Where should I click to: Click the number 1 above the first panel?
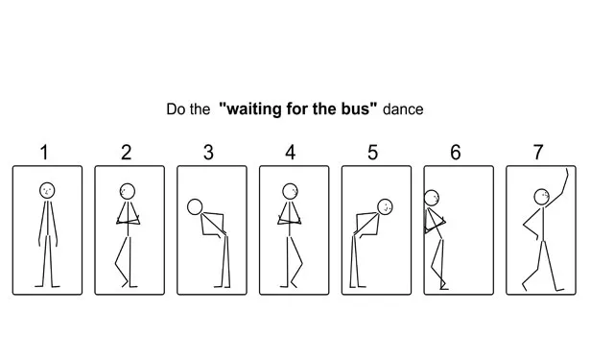click(44, 153)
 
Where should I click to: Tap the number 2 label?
click(127, 153)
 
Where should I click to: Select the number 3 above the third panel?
click(208, 153)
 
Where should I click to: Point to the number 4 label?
click(291, 153)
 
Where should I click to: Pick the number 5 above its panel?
click(372, 153)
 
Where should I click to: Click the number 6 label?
click(456, 153)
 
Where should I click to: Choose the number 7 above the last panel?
click(538, 153)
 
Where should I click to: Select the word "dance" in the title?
click(403, 109)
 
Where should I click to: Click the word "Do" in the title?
click(177, 109)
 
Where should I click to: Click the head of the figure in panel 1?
click(47, 190)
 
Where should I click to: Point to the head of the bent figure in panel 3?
click(195, 206)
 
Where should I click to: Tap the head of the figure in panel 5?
click(385, 206)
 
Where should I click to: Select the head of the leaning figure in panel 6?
click(432, 198)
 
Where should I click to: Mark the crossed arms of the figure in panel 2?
click(129, 220)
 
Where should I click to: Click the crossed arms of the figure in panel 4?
click(290, 220)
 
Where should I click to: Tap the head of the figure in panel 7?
click(541, 197)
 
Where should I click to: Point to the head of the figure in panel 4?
click(290, 191)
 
